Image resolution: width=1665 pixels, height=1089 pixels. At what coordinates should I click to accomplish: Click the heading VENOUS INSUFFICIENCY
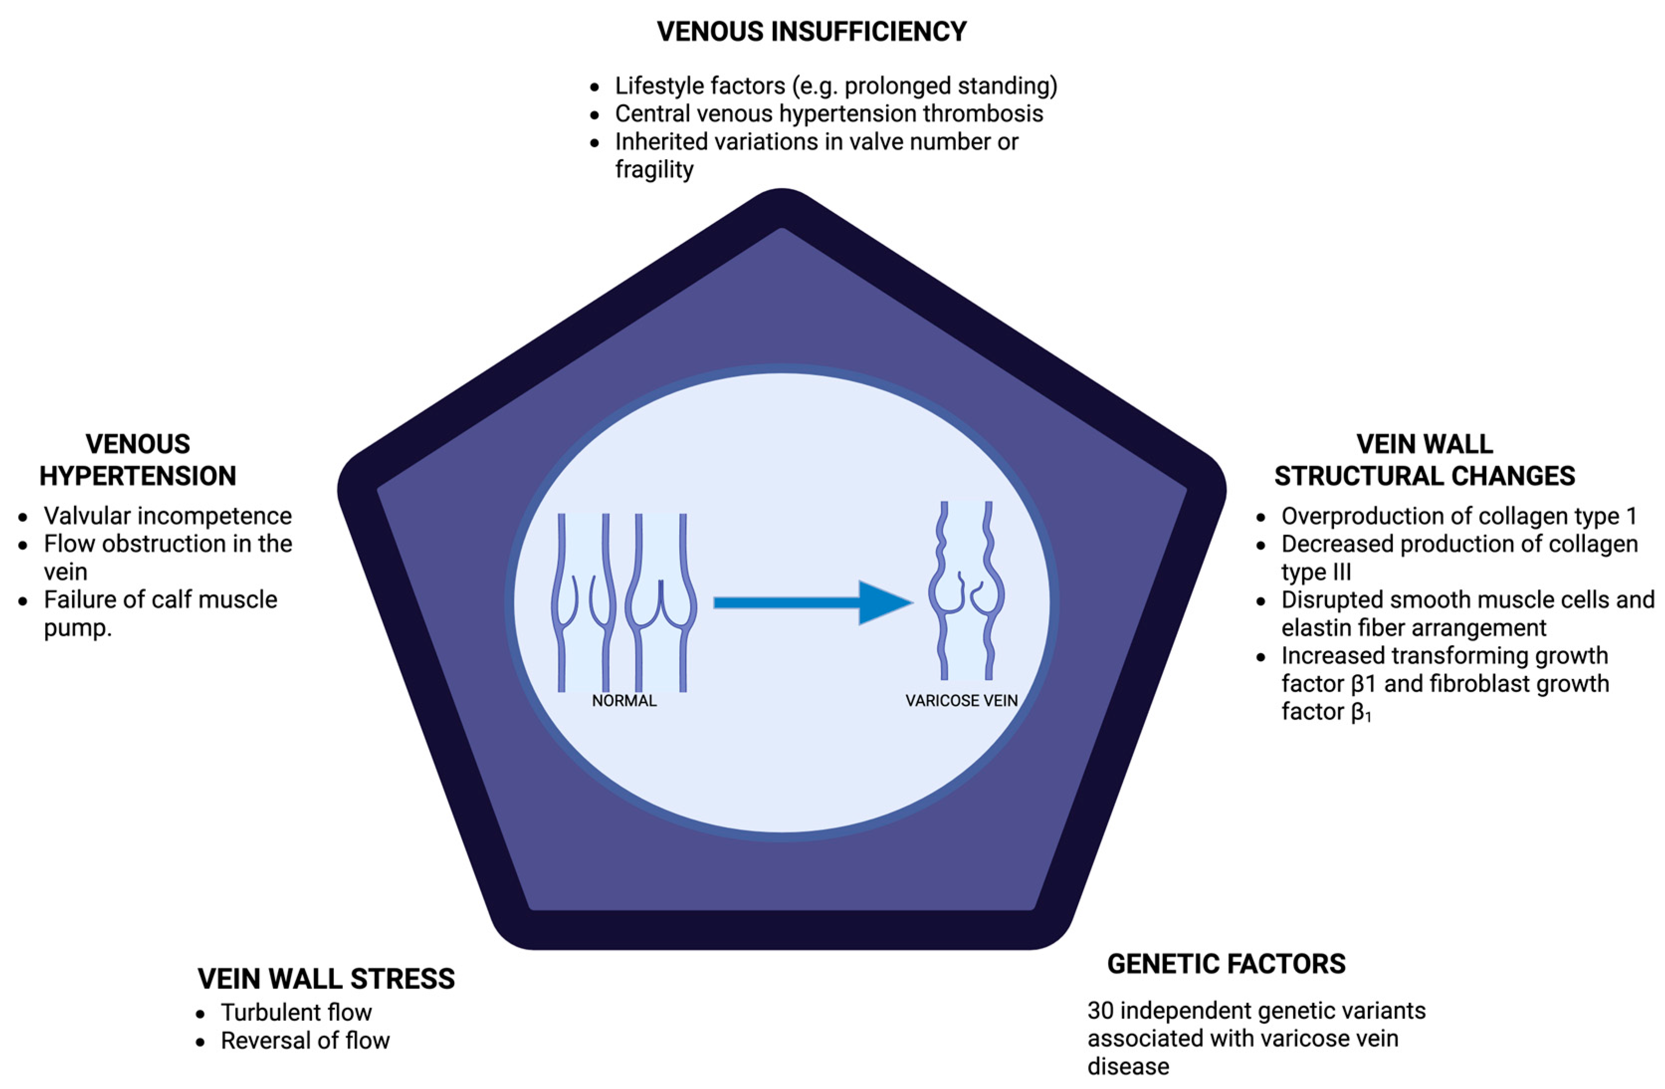click(812, 31)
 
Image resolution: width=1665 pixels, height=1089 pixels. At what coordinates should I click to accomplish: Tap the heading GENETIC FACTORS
click(1226, 964)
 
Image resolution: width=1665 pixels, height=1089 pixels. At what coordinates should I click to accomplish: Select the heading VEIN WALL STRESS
click(326, 979)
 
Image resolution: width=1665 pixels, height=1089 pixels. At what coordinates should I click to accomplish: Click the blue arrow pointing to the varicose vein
click(812, 602)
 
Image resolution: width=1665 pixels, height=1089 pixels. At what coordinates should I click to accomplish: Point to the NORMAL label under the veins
click(624, 701)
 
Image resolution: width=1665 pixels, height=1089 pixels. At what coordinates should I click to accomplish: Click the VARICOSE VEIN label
click(961, 701)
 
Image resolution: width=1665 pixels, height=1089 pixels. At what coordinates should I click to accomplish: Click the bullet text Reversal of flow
click(305, 1041)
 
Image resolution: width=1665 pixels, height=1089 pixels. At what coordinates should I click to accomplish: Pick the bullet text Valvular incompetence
click(168, 516)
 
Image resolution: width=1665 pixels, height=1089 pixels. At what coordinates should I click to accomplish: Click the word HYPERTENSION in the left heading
click(138, 476)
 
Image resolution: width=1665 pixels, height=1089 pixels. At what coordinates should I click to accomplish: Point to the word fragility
click(654, 169)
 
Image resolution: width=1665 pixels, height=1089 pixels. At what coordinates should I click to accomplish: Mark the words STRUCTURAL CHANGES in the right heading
click(1424, 476)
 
